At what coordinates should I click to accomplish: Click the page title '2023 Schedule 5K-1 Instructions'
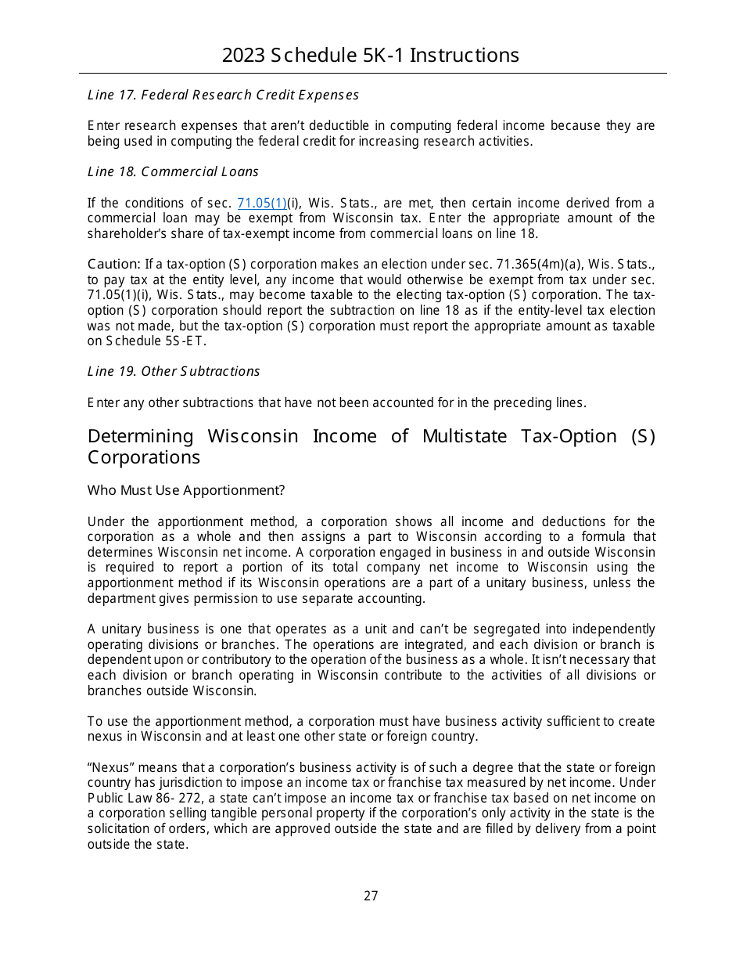pos(371,56)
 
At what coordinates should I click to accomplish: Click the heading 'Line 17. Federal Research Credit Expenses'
pos(223,95)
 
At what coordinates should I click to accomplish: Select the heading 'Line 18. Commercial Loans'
pos(173,171)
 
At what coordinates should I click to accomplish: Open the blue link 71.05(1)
pos(261,203)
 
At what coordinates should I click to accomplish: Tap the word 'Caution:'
pos(114,264)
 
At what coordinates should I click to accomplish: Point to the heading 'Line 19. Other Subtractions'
pos(174,371)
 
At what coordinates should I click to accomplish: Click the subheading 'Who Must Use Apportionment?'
pos(186,490)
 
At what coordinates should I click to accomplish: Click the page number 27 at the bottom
pos(371,896)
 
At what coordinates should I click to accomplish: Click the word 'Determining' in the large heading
pos(140,436)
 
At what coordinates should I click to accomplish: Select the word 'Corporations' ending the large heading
pos(144,457)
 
